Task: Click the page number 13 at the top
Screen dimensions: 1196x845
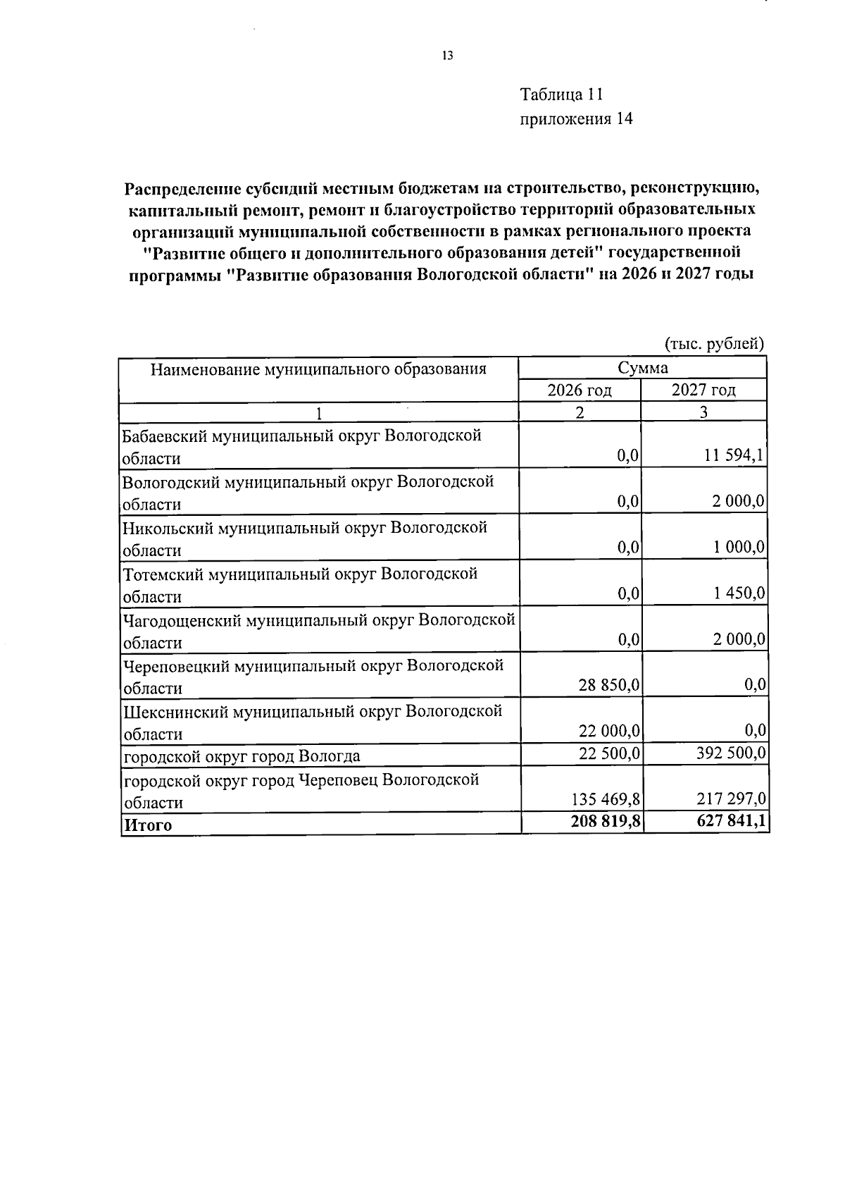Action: click(x=446, y=56)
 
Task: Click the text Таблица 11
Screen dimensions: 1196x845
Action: click(x=561, y=94)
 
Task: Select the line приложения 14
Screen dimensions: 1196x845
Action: click(x=576, y=119)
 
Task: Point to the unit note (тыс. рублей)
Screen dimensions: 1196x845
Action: click(x=714, y=344)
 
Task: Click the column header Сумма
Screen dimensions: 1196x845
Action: click(x=642, y=367)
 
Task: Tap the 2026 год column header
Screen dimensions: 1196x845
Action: click(x=580, y=390)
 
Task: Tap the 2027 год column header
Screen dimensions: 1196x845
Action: click(x=703, y=390)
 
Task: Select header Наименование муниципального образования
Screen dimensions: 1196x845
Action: click(x=318, y=369)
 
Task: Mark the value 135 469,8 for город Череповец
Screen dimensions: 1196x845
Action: click(x=603, y=800)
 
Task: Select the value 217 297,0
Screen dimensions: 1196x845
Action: click(x=729, y=800)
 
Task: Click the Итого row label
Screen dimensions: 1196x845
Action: click(x=148, y=825)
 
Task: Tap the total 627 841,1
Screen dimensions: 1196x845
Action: click(x=729, y=821)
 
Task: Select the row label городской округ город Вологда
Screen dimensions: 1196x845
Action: click(x=242, y=757)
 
